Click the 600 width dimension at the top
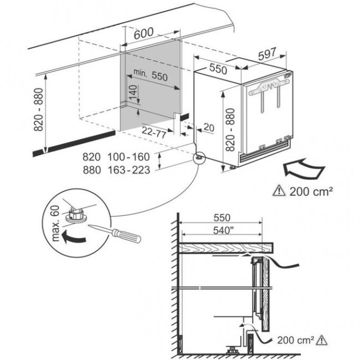[x=144, y=33]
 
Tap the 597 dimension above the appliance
[x=267, y=54]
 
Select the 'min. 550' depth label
[x=151, y=74]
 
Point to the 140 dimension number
[x=133, y=92]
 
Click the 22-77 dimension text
[x=154, y=132]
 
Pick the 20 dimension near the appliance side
[x=209, y=127]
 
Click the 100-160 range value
[x=128, y=157]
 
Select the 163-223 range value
[x=129, y=170]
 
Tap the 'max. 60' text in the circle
[x=55, y=223]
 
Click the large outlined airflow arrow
[x=304, y=168]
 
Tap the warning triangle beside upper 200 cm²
[x=279, y=191]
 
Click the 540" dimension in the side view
[x=222, y=230]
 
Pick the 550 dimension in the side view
[x=222, y=218]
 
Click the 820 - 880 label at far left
[x=39, y=110]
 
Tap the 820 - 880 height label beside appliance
[x=230, y=130]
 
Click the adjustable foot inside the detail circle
[x=75, y=215]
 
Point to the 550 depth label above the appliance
[x=218, y=68]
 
